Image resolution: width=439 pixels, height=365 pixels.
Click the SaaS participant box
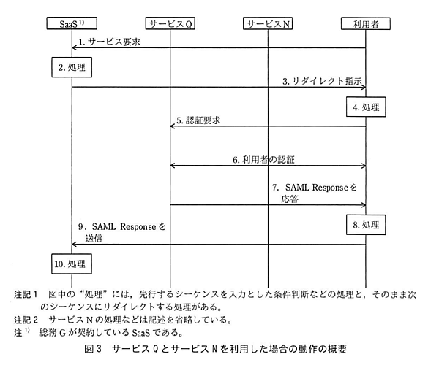tap(72, 23)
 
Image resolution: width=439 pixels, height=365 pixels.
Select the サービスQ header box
tap(170, 23)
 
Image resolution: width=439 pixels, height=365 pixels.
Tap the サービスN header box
tap(268, 23)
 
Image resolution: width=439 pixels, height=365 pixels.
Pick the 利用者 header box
tap(365, 23)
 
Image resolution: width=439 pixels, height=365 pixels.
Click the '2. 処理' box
tap(72, 68)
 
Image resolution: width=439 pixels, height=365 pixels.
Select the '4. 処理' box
tap(365, 107)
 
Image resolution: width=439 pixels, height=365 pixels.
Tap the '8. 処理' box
tap(365, 225)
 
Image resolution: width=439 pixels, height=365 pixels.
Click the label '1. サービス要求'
tap(110, 42)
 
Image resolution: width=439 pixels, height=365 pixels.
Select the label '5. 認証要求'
tap(199, 120)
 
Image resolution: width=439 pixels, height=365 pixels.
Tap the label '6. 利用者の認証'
tap(268, 158)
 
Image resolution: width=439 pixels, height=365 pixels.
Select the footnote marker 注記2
tap(27, 319)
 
